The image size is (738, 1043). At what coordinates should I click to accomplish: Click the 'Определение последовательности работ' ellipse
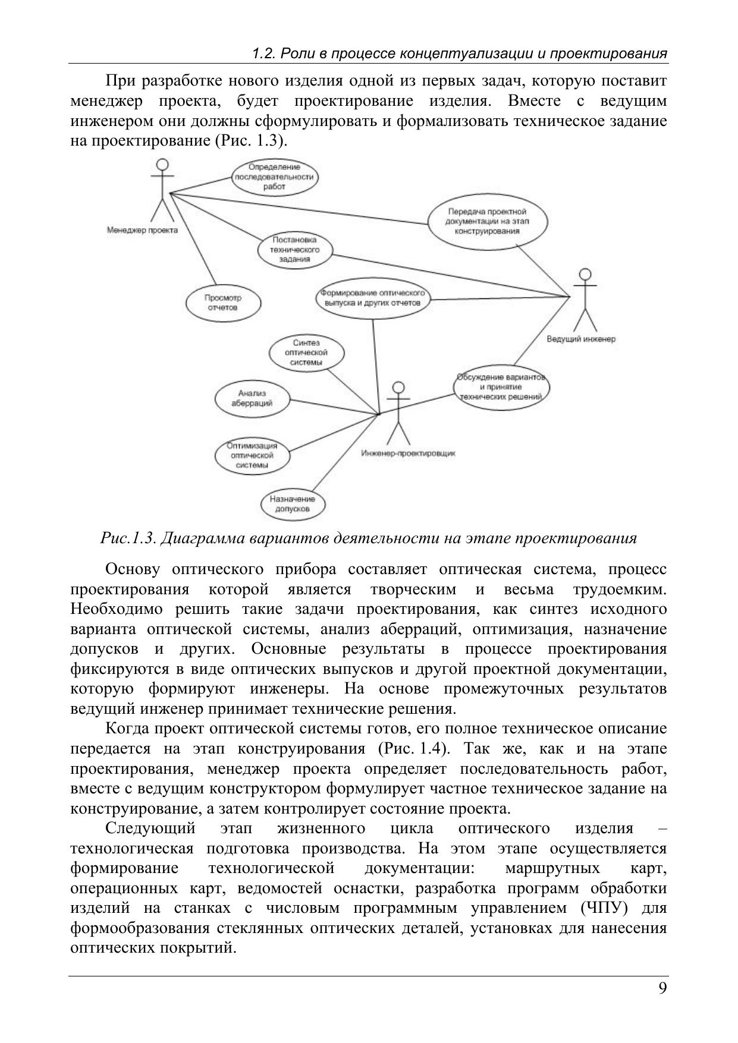click(x=274, y=177)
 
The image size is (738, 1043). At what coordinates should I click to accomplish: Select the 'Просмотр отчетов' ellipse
click(x=223, y=303)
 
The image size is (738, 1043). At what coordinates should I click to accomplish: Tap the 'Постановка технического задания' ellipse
click(x=295, y=250)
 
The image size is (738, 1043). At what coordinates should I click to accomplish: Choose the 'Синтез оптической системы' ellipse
click(x=306, y=352)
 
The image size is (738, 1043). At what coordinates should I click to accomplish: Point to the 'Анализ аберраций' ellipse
click(x=252, y=398)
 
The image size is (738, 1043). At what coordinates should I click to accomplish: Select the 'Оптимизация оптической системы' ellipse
click(x=252, y=455)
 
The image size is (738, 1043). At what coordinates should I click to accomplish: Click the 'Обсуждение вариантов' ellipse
click(x=501, y=387)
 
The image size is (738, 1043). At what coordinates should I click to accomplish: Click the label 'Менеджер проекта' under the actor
click(x=142, y=230)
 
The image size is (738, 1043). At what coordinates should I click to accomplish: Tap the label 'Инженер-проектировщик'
click(x=409, y=453)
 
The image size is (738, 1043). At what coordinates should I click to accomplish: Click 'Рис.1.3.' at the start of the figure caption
click(x=128, y=538)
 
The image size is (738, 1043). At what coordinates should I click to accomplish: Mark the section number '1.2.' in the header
click(x=263, y=53)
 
